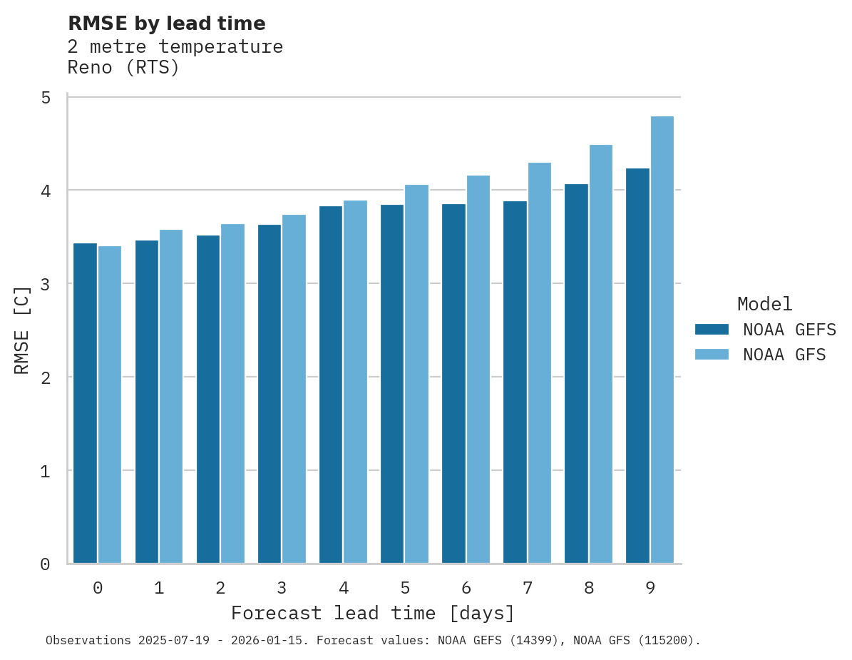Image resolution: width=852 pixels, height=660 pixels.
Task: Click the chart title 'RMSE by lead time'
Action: tap(166, 24)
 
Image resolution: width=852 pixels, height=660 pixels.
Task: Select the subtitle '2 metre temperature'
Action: tap(175, 47)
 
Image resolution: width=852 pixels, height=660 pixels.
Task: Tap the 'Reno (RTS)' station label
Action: tap(123, 68)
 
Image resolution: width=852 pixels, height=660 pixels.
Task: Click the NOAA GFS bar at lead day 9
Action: tap(662, 340)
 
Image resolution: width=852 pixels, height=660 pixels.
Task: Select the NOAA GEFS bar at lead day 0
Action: tap(85, 403)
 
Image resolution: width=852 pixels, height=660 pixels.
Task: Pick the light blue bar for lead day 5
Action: tap(416, 374)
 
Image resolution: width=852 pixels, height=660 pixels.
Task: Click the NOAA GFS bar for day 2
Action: tap(232, 394)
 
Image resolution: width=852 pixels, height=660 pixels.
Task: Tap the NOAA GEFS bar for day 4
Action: tap(330, 385)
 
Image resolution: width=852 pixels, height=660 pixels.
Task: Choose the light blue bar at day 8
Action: tap(600, 354)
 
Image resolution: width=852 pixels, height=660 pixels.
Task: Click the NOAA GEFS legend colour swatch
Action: tap(712, 329)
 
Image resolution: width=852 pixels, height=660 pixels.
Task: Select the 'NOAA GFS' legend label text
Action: tap(784, 355)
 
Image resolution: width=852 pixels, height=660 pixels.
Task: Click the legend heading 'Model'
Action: tap(764, 304)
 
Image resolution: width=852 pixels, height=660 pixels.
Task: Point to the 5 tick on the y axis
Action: tap(46, 97)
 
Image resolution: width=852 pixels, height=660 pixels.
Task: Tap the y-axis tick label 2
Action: tap(46, 377)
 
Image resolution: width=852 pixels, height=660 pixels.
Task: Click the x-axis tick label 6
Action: tap(466, 588)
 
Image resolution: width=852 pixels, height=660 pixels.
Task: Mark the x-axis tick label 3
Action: tap(282, 588)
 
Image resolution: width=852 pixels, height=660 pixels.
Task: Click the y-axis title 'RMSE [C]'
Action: tap(22, 330)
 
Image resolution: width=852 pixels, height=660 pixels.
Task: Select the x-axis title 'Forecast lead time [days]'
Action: tap(372, 613)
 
